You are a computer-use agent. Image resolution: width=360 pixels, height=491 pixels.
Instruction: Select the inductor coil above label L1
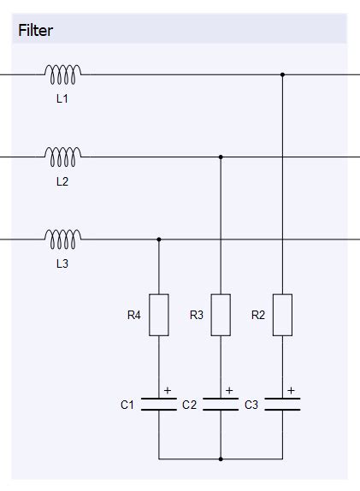tap(63, 75)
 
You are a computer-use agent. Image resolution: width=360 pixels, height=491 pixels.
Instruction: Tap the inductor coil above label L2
tap(63, 157)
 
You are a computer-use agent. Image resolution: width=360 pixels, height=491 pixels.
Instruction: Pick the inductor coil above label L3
tap(63, 239)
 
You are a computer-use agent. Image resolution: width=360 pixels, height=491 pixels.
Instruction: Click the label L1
tap(62, 99)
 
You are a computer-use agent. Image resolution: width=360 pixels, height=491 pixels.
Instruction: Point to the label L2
tap(62, 181)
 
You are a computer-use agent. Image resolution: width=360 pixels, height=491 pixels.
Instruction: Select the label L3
tap(62, 263)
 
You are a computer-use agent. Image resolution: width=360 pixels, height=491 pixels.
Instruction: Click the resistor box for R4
tap(159, 315)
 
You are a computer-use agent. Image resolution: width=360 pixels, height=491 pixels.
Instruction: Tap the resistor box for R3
tap(221, 315)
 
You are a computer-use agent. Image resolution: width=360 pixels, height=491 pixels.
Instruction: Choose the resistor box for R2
tap(282, 315)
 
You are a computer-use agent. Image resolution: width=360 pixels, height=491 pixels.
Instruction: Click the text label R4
tap(133, 316)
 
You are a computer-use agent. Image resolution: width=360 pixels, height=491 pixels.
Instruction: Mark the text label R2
tap(257, 316)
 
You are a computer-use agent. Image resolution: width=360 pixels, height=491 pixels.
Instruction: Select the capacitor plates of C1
tap(159, 405)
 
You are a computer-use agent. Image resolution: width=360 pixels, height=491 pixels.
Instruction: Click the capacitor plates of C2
tap(221, 405)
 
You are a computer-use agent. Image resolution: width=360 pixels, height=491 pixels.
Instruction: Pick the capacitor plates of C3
tap(282, 405)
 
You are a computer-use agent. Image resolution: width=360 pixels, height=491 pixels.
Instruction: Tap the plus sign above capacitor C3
tap(292, 391)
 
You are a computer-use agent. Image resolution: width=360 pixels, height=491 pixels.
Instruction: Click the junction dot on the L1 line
tap(282, 75)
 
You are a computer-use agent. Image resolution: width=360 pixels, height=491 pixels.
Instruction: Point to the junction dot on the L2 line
tap(221, 157)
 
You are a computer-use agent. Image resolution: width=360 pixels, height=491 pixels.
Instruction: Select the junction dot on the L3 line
tap(159, 240)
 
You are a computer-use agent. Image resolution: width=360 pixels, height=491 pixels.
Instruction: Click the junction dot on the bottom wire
tap(221, 459)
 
